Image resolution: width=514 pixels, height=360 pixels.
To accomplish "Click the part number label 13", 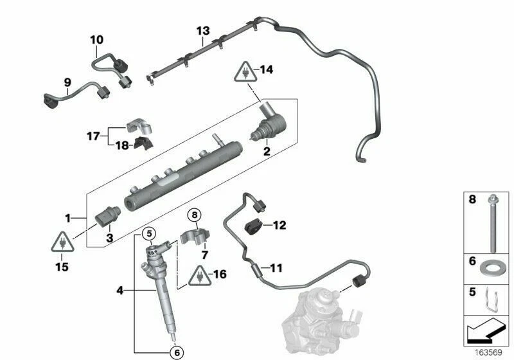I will [203, 31].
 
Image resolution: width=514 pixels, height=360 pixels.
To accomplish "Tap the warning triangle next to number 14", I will [246, 70].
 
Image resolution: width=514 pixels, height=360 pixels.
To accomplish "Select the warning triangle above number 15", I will [61, 242].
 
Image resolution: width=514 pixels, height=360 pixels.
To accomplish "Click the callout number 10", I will [96, 40].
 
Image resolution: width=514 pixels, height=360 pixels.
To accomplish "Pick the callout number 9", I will [66, 82].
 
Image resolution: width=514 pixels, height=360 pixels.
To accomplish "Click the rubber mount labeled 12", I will [255, 226].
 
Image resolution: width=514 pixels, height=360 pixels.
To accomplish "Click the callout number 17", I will [94, 136].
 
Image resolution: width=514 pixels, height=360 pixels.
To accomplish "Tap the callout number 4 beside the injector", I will [120, 291].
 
